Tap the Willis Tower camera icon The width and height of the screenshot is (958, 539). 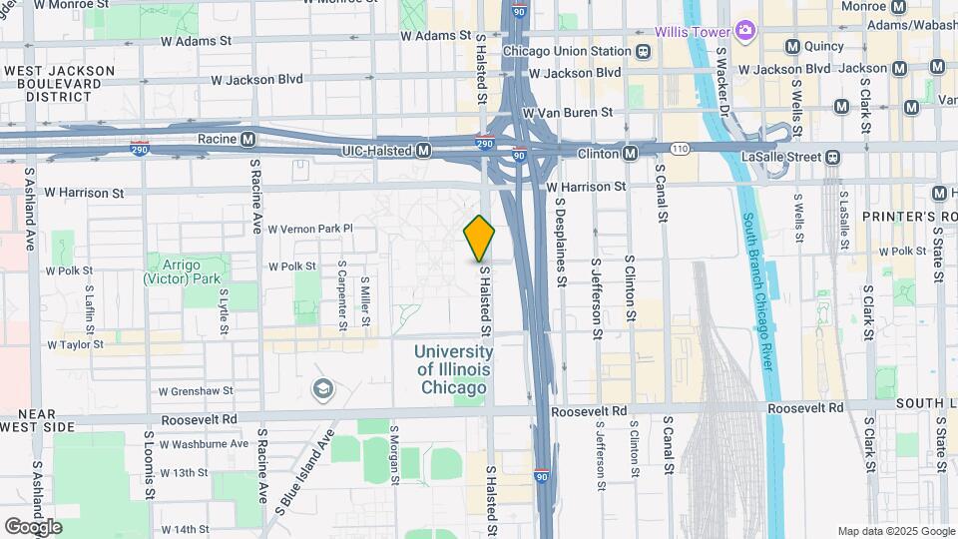coord(744,31)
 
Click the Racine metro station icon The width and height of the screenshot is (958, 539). coord(246,139)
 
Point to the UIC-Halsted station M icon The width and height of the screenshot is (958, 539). coord(423,151)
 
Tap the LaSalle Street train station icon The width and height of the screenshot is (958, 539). coord(831,157)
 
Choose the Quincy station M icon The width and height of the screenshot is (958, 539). coord(793,46)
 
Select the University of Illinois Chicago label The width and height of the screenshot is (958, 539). coord(453,369)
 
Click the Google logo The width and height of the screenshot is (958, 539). coord(32,526)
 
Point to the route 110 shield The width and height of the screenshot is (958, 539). coord(680,148)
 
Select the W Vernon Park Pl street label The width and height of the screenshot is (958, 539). coord(310,229)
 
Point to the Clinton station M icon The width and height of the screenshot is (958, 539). coord(631,153)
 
